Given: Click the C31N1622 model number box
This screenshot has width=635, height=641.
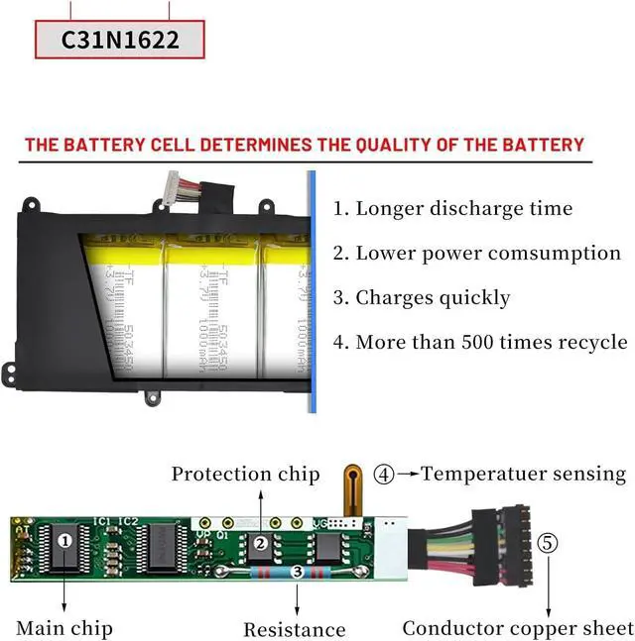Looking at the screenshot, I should pyautogui.click(x=120, y=40).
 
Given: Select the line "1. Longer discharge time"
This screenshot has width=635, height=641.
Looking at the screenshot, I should pyautogui.click(x=452, y=209).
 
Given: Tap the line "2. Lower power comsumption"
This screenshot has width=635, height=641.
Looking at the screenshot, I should pyautogui.click(x=476, y=254).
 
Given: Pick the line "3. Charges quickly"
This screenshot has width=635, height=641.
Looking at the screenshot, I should pyautogui.click(x=421, y=298).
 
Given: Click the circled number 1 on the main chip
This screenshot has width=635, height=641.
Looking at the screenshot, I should pyautogui.click(x=65, y=541).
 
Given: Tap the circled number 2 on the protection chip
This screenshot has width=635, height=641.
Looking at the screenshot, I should pyautogui.click(x=261, y=543).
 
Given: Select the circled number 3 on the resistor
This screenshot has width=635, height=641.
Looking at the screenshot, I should pyautogui.click(x=297, y=573).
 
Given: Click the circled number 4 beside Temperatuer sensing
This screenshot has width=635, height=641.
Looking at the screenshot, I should pyautogui.click(x=385, y=474).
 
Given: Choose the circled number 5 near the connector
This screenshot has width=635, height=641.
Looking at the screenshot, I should pyautogui.click(x=549, y=543).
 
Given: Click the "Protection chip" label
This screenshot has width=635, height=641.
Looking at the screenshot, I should pyautogui.click(x=245, y=475).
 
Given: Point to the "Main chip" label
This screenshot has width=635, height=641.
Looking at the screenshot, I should pyautogui.click(x=64, y=628).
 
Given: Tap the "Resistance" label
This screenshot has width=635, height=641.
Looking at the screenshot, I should pyautogui.click(x=295, y=629).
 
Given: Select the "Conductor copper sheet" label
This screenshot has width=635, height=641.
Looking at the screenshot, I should pyautogui.click(x=517, y=628).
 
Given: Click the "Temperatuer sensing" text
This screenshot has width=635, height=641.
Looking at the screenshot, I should pyautogui.click(x=523, y=474).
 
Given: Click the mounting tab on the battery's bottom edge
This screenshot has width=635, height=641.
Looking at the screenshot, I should pyautogui.click(x=152, y=398).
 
